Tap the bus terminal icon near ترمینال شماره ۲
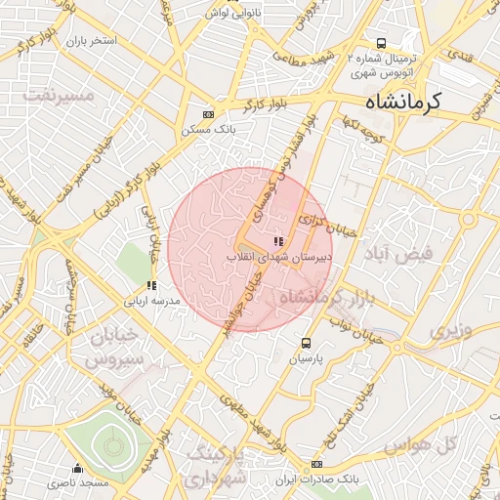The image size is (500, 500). pos(381,43)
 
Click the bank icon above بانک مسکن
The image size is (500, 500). pos(206,113)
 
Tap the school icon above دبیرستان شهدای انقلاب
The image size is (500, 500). pos(278,241)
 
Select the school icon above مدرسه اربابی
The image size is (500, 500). pos(150,285)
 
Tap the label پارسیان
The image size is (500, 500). pos(307,358)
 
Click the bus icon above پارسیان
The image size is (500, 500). pos(306,344)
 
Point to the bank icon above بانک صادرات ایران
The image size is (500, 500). pos(316,464)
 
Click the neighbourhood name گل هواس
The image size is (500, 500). pos(421,445)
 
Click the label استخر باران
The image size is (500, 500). pos(91,42)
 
